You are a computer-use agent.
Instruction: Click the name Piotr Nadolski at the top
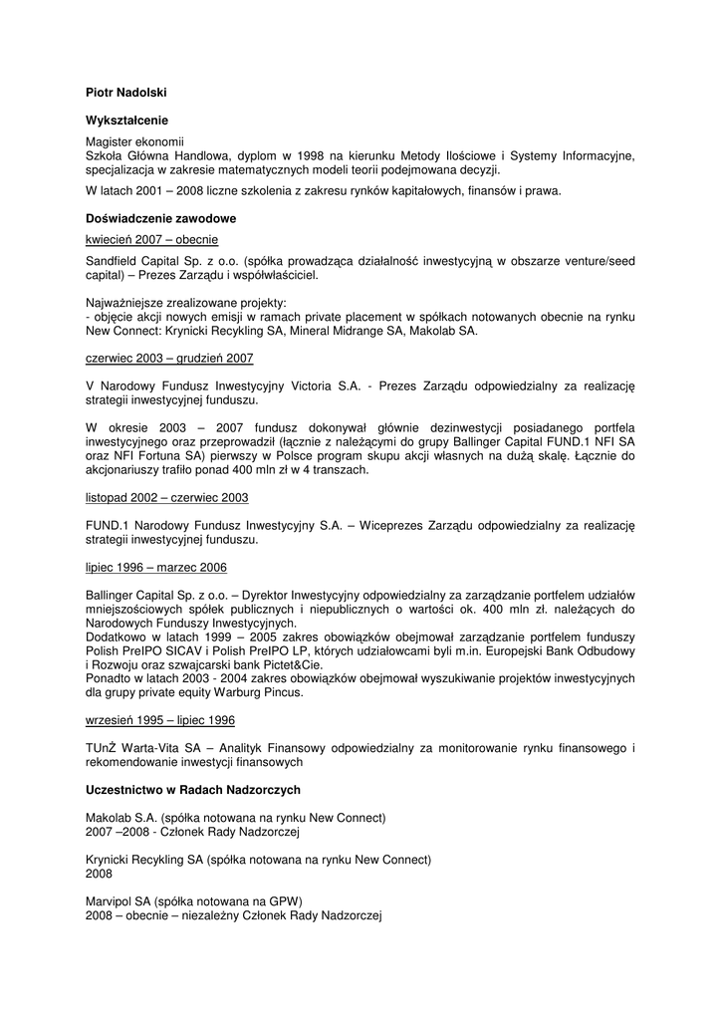[x=125, y=93]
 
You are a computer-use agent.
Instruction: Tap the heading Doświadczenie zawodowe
[x=160, y=218]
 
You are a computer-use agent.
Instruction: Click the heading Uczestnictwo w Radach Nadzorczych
[x=193, y=790]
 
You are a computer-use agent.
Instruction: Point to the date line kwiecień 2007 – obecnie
[x=152, y=240]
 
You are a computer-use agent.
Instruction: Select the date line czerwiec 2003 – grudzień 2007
[x=169, y=358]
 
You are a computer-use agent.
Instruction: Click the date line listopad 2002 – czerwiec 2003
[x=167, y=497]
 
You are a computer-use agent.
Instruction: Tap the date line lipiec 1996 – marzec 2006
[x=156, y=567]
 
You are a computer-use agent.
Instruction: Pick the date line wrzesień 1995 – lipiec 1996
[x=160, y=720]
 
